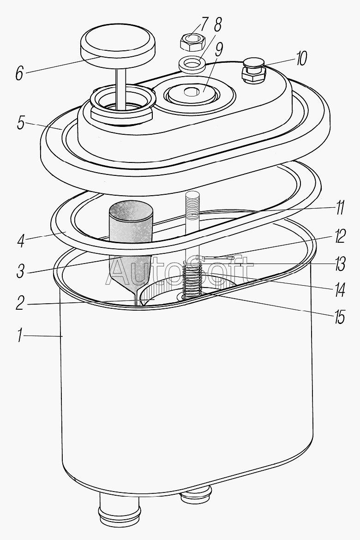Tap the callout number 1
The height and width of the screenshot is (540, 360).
20,335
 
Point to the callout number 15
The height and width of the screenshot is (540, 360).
339,317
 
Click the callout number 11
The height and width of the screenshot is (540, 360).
339,208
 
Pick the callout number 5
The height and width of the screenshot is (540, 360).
21,123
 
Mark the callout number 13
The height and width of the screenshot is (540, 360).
339,264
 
